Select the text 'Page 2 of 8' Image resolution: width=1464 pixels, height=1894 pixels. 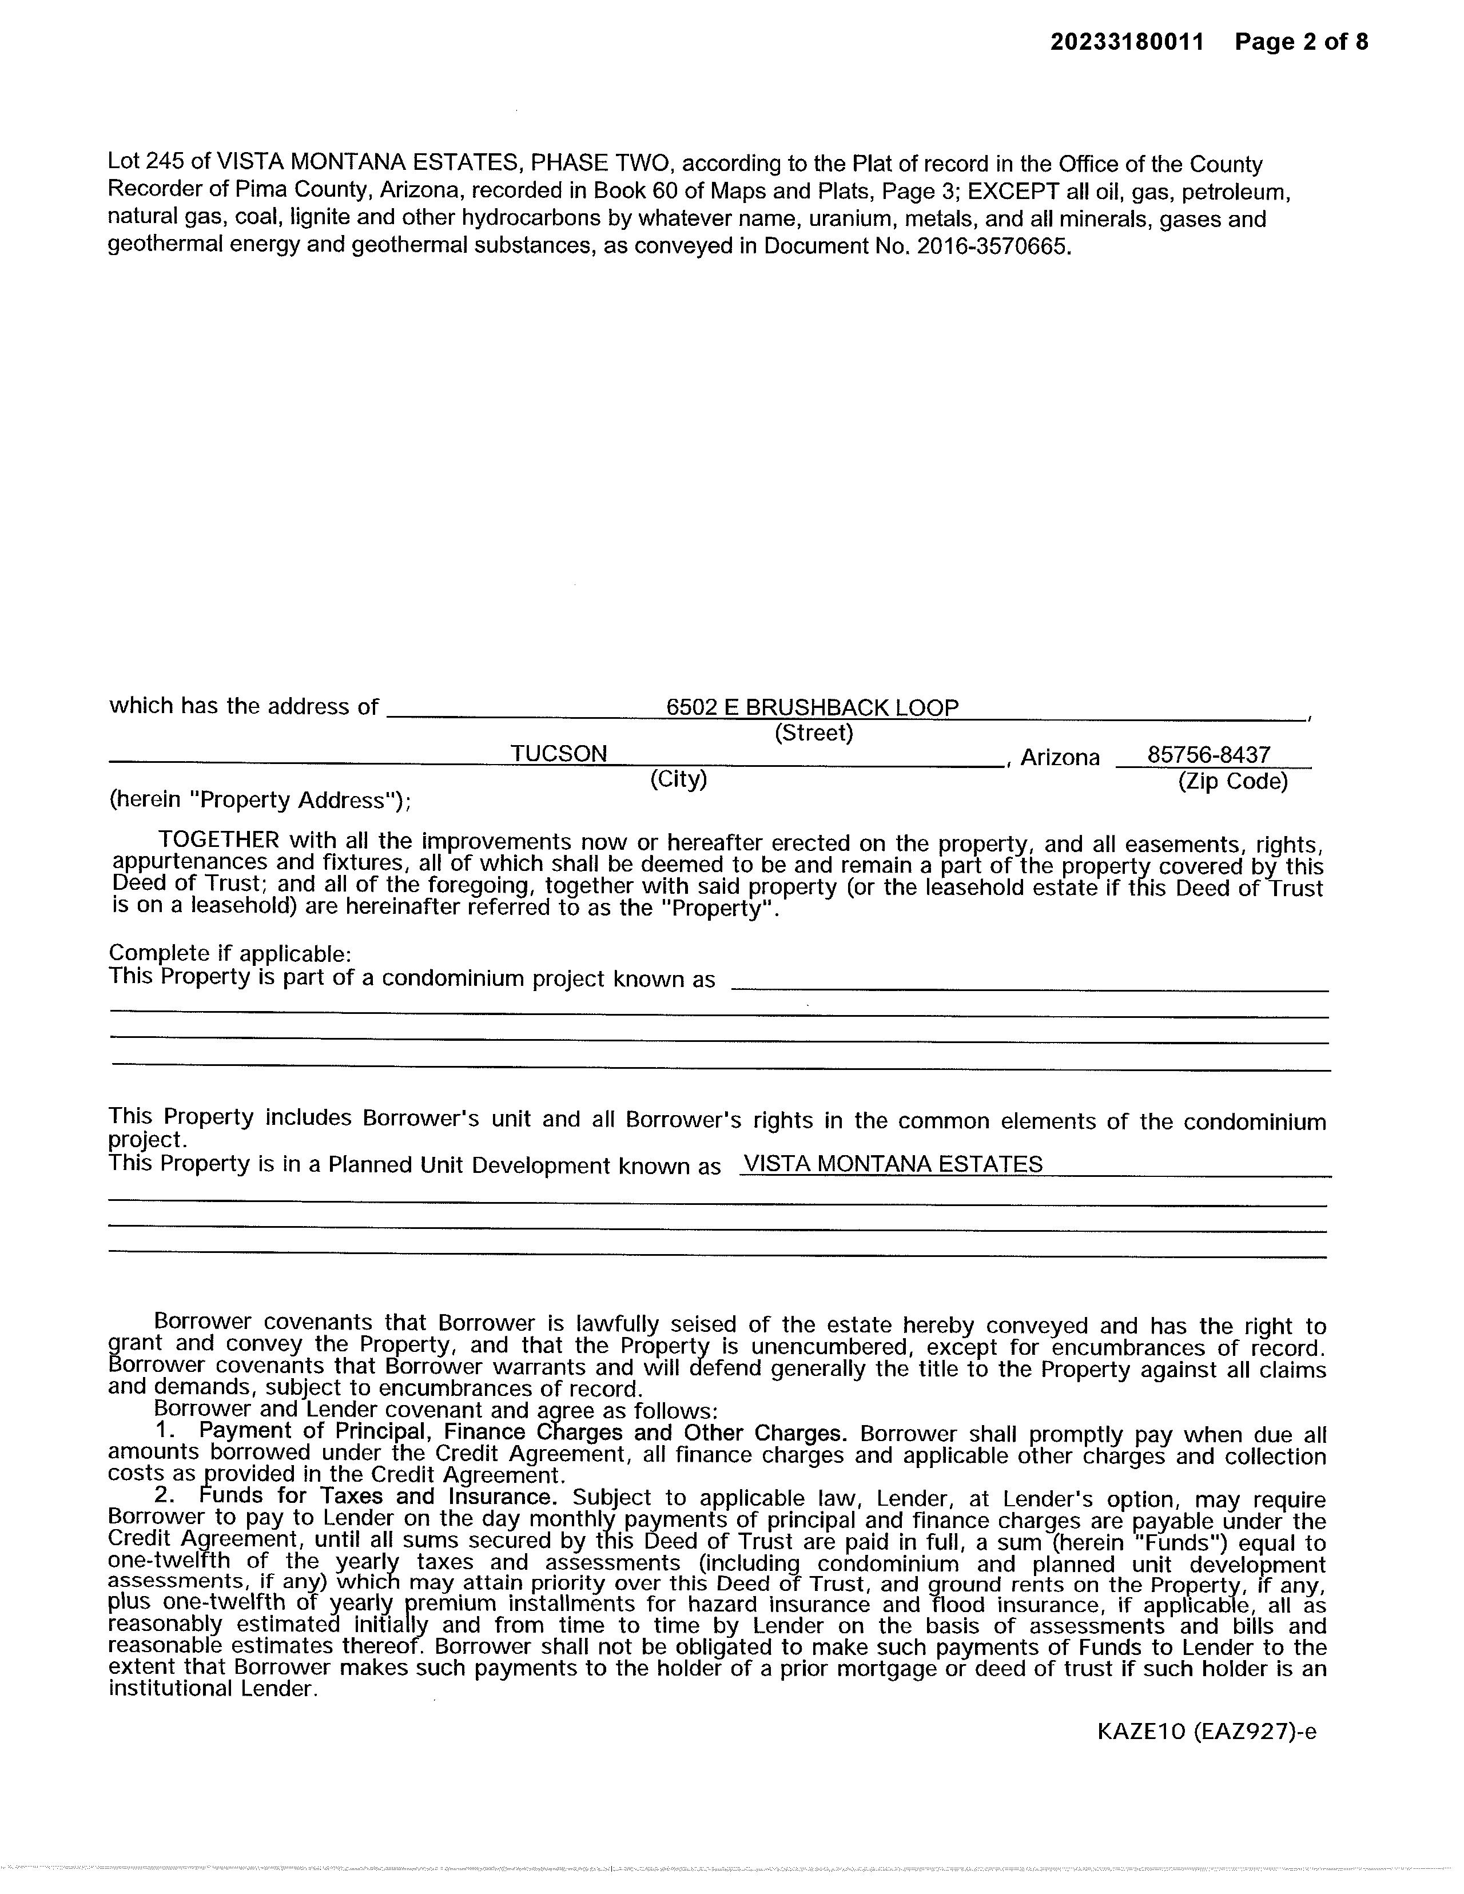1301,42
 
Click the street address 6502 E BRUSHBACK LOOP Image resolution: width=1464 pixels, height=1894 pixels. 812,707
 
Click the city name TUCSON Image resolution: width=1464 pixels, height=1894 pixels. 559,754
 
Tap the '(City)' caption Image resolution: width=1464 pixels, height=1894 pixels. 678,779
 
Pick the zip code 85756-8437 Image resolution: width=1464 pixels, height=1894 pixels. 1209,754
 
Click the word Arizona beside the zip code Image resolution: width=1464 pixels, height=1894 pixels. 1060,758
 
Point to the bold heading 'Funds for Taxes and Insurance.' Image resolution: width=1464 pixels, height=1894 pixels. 376,1496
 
